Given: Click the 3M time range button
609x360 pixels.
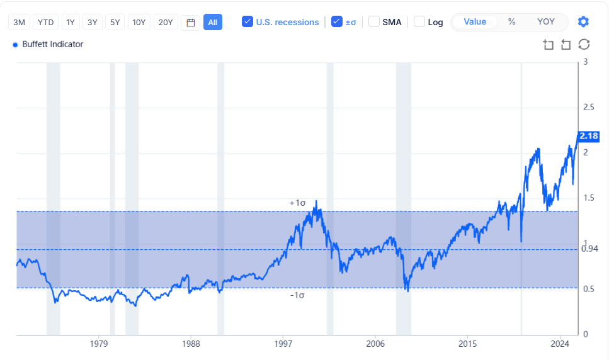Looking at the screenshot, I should pyautogui.click(x=20, y=22).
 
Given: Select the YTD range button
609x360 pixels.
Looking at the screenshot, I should pyautogui.click(x=45, y=22).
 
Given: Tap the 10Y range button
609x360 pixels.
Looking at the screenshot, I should pyautogui.click(x=139, y=22).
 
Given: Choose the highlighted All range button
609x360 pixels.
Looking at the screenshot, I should pyautogui.click(x=213, y=22).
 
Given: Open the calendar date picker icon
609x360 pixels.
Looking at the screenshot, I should pyautogui.click(x=191, y=22).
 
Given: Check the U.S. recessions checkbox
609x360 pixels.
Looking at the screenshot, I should pyautogui.click(x=248, y=22).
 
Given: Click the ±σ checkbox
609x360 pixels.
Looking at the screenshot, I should pyautogui.click(x=337, y=22).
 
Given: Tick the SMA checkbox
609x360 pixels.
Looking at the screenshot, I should pyautogui.click(x=374, y=22).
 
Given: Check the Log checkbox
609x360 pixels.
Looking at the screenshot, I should pyautogui.click(x=419, y=22).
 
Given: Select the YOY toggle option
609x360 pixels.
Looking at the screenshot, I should pyautogui.click(x=546, y=21).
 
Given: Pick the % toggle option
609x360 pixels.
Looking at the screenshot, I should pyautogui.click(x=511, y=21).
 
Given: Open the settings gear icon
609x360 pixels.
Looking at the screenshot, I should pyautogui.click(x=583, y=22).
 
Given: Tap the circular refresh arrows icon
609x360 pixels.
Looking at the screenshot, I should pyautogui.click(x=584, y=44).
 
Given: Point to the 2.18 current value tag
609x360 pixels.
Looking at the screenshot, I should pyautogui.click(x=588, y=136).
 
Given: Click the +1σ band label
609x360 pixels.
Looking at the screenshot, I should pyautogui.click(x=297, y=203).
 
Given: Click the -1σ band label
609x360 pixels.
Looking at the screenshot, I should pyautogui.click(x=297, y=295).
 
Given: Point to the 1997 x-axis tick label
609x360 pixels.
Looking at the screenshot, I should pyautogui.click(x=283, y=344).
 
